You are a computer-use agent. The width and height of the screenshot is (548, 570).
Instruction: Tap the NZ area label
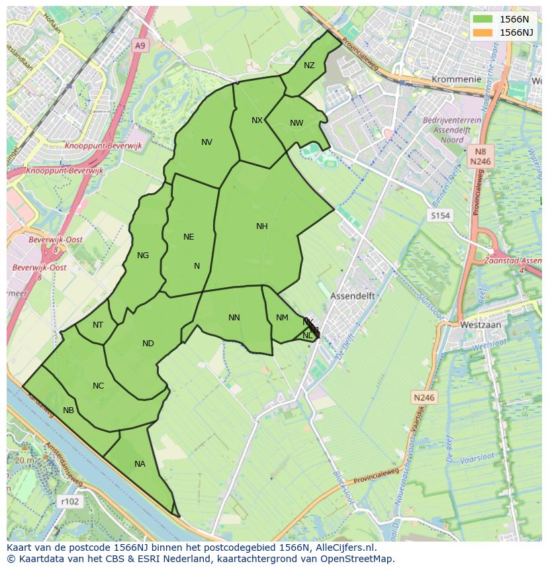point(309,66)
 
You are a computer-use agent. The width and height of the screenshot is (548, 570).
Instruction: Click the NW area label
point(297,123)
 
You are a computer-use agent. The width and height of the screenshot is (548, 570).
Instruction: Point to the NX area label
point(257,120)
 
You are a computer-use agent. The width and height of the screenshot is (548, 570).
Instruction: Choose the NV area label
point(206,142)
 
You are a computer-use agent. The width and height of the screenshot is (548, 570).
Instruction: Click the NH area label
point(261,226)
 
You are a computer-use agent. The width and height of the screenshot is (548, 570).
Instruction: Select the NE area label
point(189,237)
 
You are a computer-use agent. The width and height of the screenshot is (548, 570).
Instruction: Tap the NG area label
point(142,256)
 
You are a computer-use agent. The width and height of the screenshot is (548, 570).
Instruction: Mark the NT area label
point(98,325)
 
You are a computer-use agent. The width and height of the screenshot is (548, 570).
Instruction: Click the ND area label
point(148,344)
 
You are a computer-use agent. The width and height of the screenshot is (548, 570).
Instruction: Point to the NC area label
point(98,386)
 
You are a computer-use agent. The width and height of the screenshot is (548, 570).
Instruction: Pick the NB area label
point(68,410)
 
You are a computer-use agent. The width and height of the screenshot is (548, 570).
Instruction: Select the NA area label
point(140,464)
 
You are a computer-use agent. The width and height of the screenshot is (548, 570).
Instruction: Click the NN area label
point(234,318)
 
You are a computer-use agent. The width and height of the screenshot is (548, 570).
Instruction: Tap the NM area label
point(282,318)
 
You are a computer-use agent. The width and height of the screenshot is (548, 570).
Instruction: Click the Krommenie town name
point(456,79)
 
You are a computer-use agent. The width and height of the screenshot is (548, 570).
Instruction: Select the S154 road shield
point(439,216)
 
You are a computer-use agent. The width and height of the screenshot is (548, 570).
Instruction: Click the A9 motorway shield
point(139,46)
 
